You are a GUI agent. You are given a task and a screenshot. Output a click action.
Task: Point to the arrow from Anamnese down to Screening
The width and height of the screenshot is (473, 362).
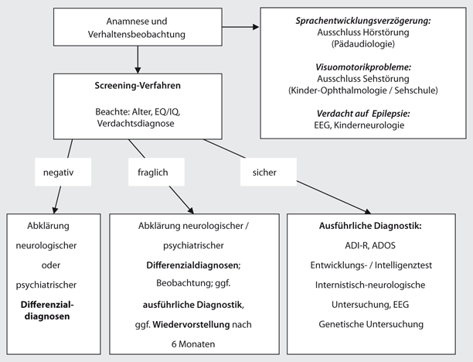click(138, 57)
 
